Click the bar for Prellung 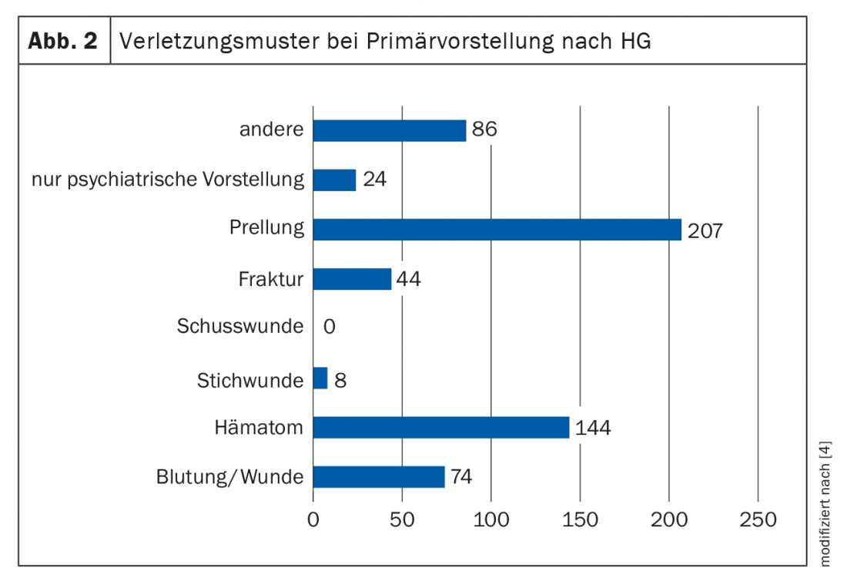[497, 230]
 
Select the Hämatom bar [440, 427]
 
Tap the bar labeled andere [389, 130]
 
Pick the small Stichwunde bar [320, 378]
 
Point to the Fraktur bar [352, 279]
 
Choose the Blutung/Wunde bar [378, 477]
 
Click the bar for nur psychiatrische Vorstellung [334, 180]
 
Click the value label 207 [705, 230]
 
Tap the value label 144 [593, 428]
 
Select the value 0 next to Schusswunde [329, 327]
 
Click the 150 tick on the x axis [580, 519]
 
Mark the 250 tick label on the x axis [758, 519]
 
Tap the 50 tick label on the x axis [402, 519]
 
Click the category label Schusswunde [240, 326]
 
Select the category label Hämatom [259, 427]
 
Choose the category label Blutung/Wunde [229, 477]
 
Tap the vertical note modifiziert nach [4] [826, 504]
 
